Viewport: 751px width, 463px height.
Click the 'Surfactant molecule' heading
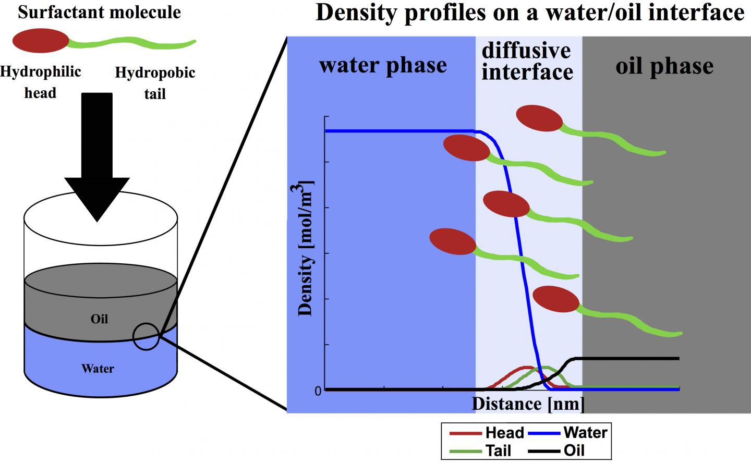(99, 12)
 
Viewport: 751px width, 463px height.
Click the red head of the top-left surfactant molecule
(40, 41)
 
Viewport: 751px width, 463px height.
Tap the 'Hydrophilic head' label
(40, 82)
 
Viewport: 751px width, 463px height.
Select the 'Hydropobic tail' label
(155, 82)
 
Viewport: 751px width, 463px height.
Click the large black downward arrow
(97, 156)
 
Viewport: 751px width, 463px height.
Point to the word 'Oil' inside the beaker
(99, 319)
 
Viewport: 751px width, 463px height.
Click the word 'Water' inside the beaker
(98, 369)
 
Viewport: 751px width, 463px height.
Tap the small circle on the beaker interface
(146, 336)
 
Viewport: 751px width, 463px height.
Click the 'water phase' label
(383, 65)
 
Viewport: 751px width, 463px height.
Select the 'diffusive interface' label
(527, 62)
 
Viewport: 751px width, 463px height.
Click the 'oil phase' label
(664, 66)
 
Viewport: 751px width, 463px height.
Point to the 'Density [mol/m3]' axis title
(307, 248)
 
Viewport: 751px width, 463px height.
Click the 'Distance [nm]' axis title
(528, 404)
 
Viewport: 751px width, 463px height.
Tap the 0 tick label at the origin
(318, 391)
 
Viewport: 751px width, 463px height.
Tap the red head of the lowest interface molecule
(556, 299)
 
